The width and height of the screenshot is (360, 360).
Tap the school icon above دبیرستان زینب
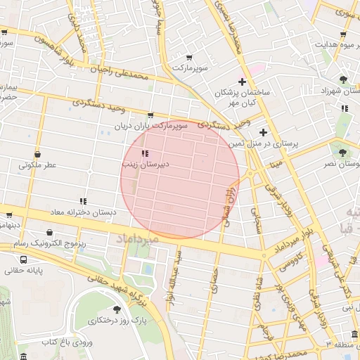145,153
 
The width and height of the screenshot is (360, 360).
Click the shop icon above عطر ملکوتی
37,155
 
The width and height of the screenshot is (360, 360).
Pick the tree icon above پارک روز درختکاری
117,309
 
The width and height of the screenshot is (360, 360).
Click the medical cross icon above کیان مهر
242,82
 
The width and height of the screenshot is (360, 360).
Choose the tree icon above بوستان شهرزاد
343,79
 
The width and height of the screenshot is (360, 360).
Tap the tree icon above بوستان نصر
343,152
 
